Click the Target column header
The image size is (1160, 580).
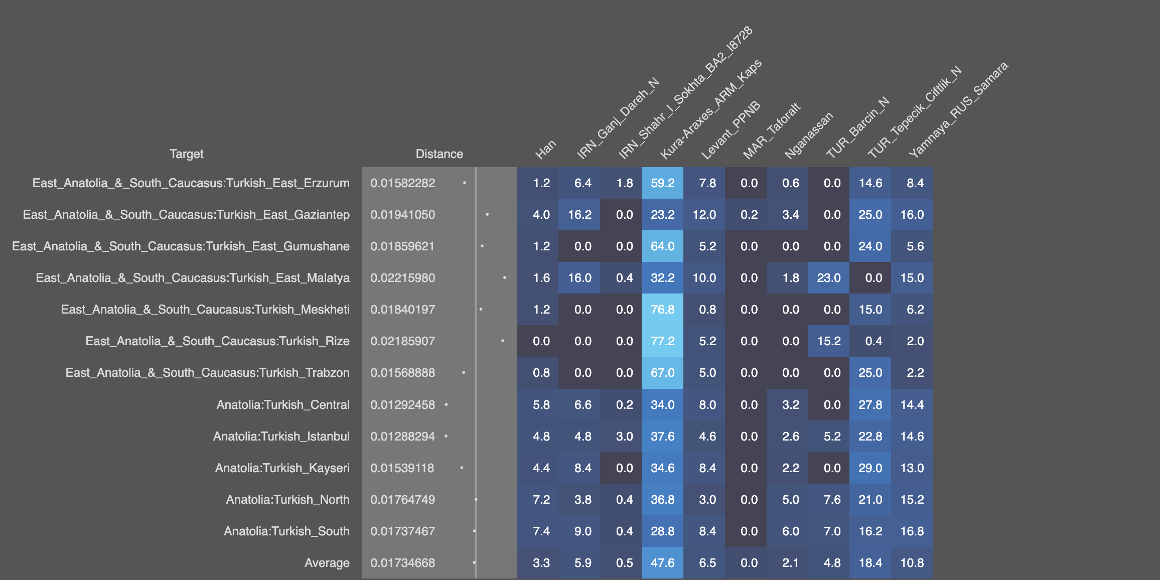pyautogui.click(x=186, y=154)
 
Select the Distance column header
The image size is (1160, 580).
pyautogui.click(x=439, y=154)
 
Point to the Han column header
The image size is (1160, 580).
pyautogui.click(x=546, y=149)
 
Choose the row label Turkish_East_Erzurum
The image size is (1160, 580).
pyautogui.click(x=191, y=183)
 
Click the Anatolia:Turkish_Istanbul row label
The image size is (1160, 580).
pyautogui.click(x=281, y=437)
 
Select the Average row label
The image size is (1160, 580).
pyautogui.click(x=327, y=563)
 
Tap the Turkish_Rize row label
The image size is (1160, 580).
pyautogui.click(x=217, y=341)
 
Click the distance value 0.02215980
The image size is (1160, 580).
pyautogui.click(x=402, y=278)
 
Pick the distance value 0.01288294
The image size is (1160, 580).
pyautogui.click(x=402, y=437)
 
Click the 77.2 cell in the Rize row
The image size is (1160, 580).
pyautogui.click(x=662, y=341)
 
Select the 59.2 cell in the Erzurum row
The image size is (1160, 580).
pyautogui.click(x=662, y=183)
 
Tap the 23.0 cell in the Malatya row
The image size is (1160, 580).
pyautogui.click(x=828, y=278)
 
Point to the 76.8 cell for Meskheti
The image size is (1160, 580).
pyautogui.click(x=662, y=310)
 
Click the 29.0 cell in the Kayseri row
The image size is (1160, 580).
pyautogui.click(x=870, y=468)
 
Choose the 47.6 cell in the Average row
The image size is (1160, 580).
pyautogui.click(x=662, y=563)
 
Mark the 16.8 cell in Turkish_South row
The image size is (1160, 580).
pyautogui.click(x=912, y=531)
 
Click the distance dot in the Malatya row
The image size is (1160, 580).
pyautogui.click(x=504, y=278)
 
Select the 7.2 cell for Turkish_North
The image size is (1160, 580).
pyautogui.click(x=541, y=500)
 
